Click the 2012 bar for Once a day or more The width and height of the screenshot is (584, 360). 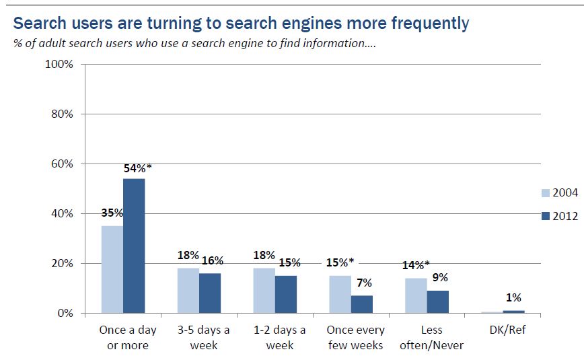[x=134, y=246]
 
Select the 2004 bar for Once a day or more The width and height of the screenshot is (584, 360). [x=112, y=269]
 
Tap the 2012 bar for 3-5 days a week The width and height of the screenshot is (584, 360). [x=210, y=293]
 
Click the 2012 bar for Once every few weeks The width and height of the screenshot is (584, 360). [x=362, y=304]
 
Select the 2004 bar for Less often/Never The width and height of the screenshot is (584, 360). [x=416, y=295]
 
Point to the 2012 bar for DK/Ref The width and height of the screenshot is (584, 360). [x=514, y=312]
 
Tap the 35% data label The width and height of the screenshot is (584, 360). [x=112, y=213]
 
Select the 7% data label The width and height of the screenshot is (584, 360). [x=363, y=283]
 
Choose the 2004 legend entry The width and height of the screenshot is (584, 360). [x=559, y=193]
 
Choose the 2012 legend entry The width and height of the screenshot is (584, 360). [x=559, y=216]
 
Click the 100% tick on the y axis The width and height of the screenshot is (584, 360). [x=59, y=65]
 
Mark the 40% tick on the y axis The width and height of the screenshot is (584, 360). [x=61, y=214]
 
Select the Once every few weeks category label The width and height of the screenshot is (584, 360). [x=355, y=338]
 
